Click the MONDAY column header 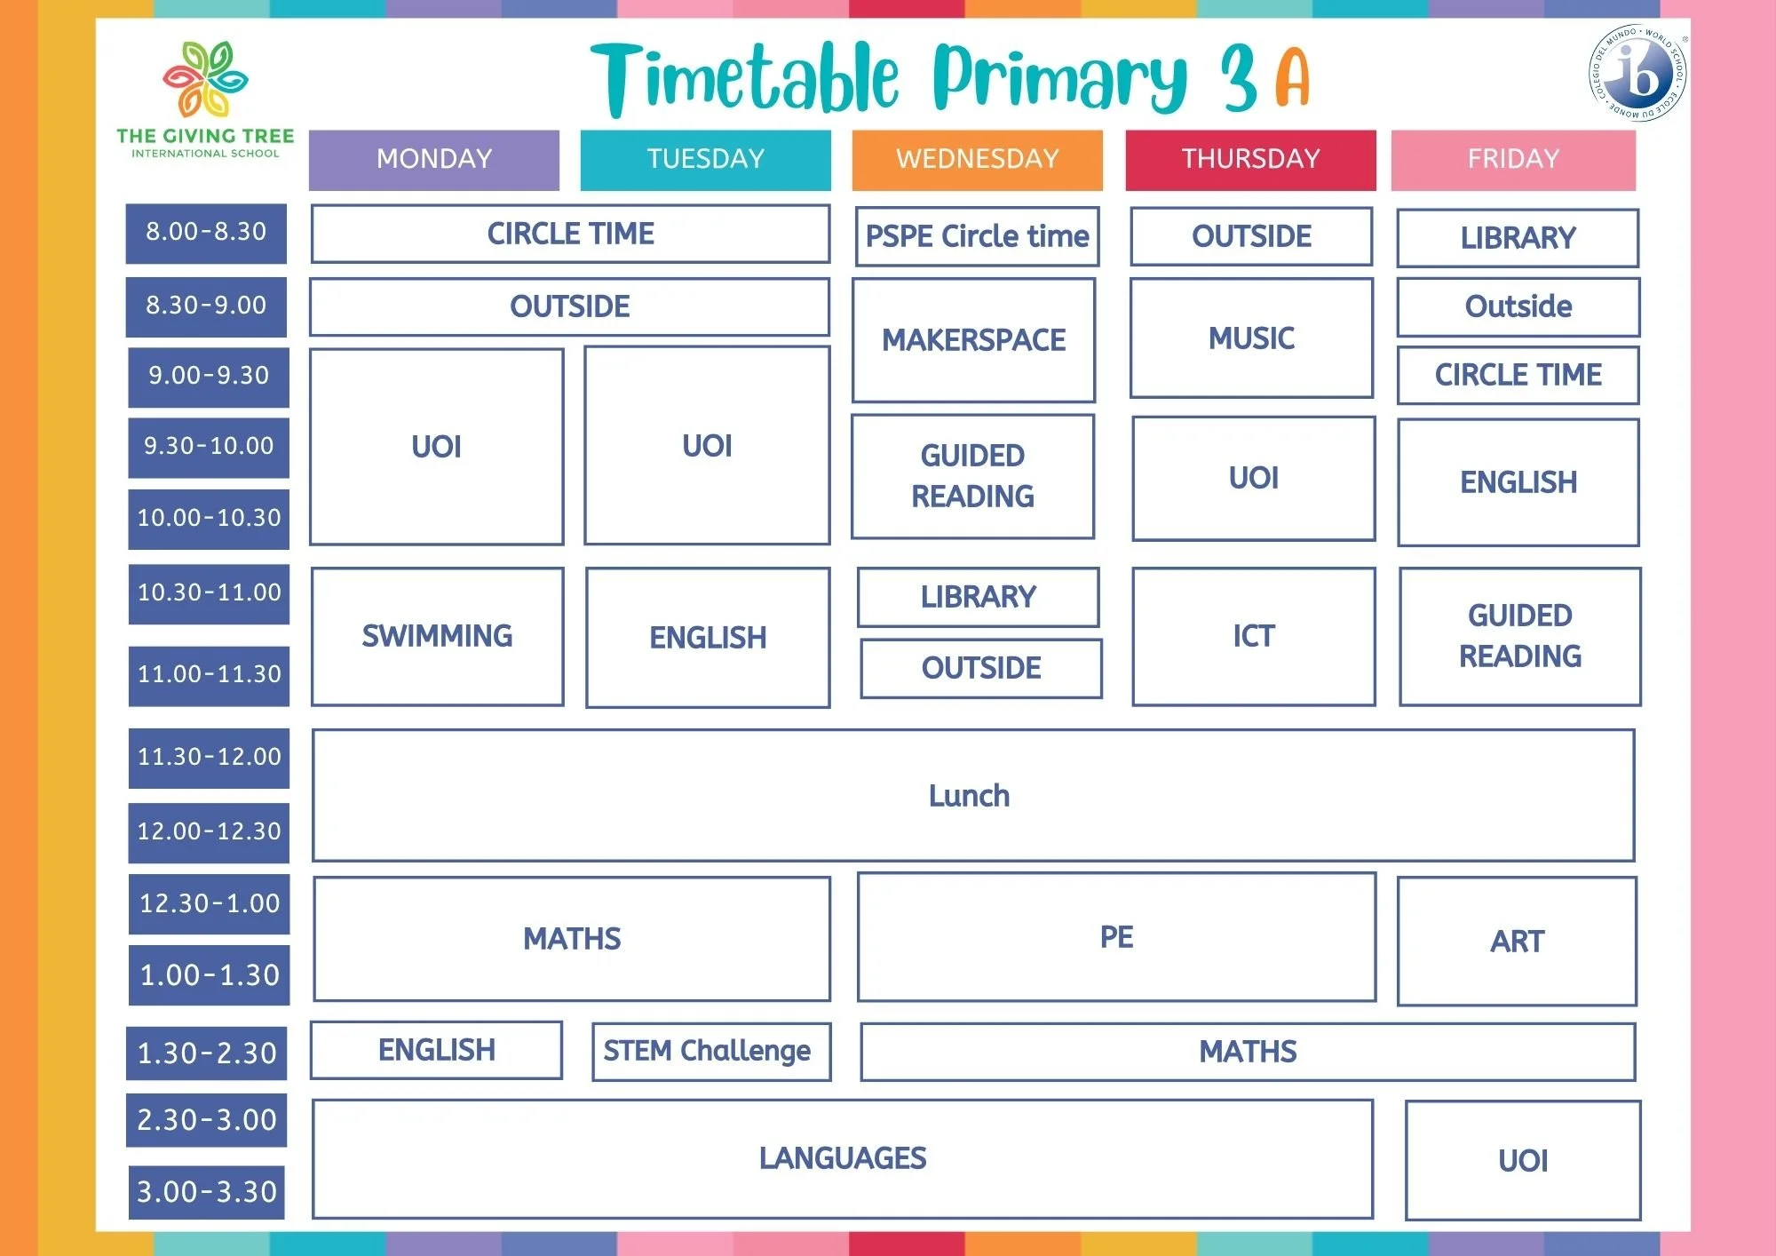pyautogui.click(x=434, y=160)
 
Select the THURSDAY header pyautogui.click(x=1250, y=160)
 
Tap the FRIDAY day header pyautogui.click(x=1513, y=160)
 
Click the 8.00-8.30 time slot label pyautogui.click(x=206, y=233)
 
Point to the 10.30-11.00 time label pyautogui.click(x=209, y=593)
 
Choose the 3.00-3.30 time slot pyautogui.click(x=206, y=1192)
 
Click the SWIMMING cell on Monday pyautogui.click(x=437, y=636)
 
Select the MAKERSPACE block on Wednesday pyautogui.click(x=973, y=340)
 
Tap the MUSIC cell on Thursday pyautogui.click(x=1251, y=338)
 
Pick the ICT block pyautogui.click(x=1253, y=636)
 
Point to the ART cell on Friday pyautogui.click(x=1517, y=942)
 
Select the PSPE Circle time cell pyautogui.click(x=977, y=236)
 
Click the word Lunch pyautogui.click(x=969, y=796)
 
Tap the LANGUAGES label pyautogui.click(x=842, y=1158)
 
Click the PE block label pyautogui.click(x=1116, y=937)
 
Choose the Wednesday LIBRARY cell pyautogui.click(x=978, y=597)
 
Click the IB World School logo pyautogui.click(x=1637, y=73)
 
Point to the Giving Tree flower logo pyautogui.click(x=205, y=79)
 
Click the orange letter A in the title pyautogui.click(x=1292, y=78)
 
